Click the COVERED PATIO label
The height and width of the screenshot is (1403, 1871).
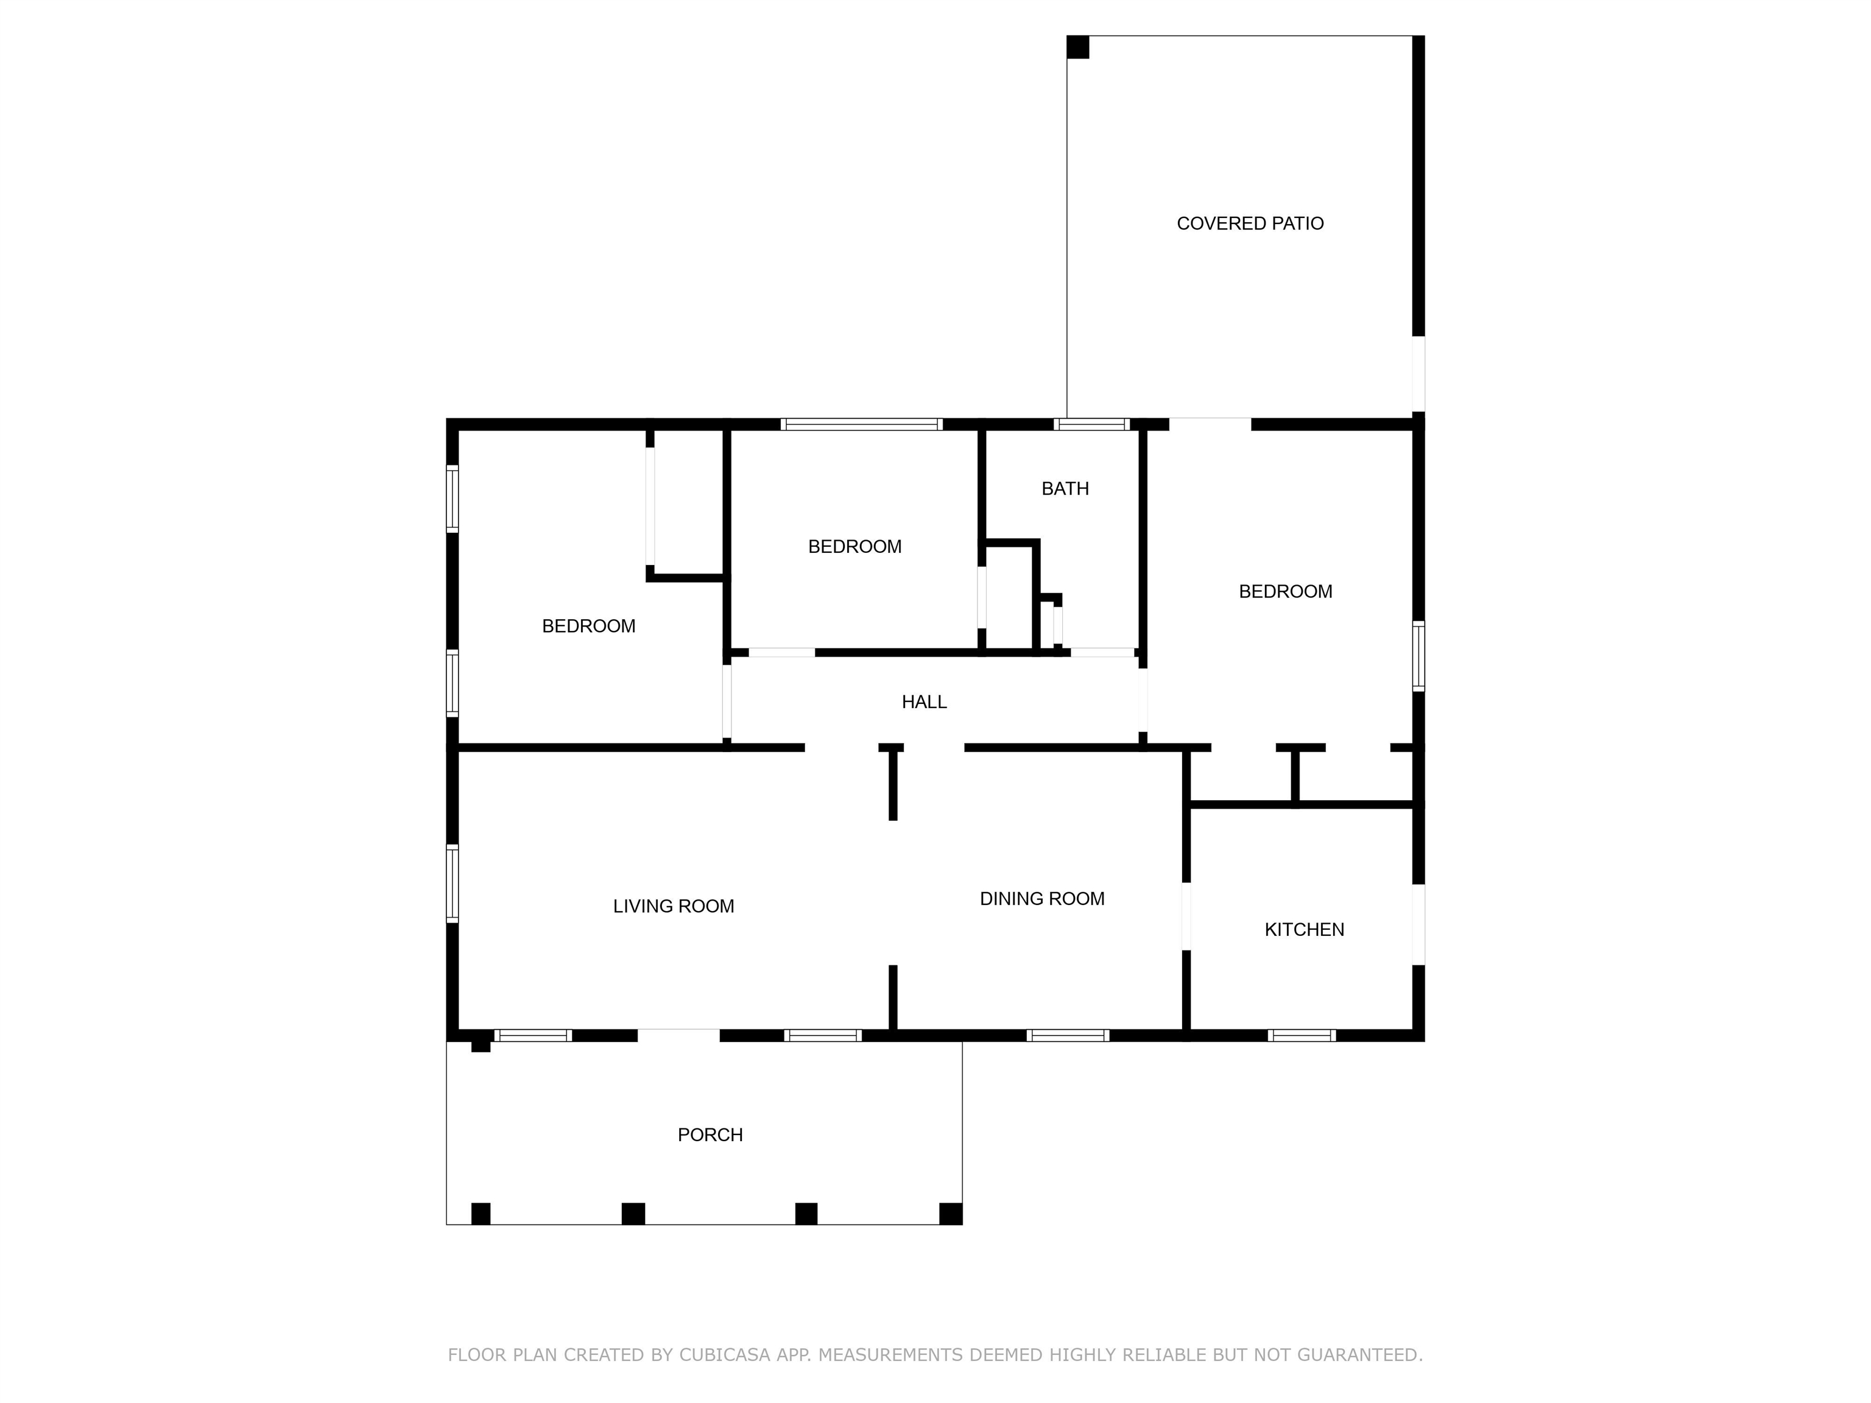coord(1250,223)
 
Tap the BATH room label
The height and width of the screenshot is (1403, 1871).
coord(1065,489)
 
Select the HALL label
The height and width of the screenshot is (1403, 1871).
coord(924,702)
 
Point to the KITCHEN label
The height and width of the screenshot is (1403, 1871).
coord(1305,929)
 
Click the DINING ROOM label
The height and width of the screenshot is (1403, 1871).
coord(1042,899)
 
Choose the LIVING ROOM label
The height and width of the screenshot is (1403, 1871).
coord(673,907)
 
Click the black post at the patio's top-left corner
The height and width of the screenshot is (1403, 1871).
coord(1077,47)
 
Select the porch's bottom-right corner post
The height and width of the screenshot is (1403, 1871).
coord(951,1214)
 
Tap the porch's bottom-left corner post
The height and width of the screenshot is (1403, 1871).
coord(481,1214)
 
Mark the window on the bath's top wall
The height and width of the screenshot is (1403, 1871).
coord(1092,424)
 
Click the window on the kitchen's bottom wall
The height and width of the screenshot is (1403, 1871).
coord(1302,1035)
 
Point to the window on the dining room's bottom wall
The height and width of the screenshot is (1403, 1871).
coord(1068,1035)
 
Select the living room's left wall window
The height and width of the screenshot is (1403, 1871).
coord(453,883)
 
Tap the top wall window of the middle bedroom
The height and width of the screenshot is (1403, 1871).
coord(861,424)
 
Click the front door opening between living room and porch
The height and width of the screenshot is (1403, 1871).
coord(678,1035)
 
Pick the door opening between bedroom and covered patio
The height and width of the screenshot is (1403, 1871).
coord(1210,424)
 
